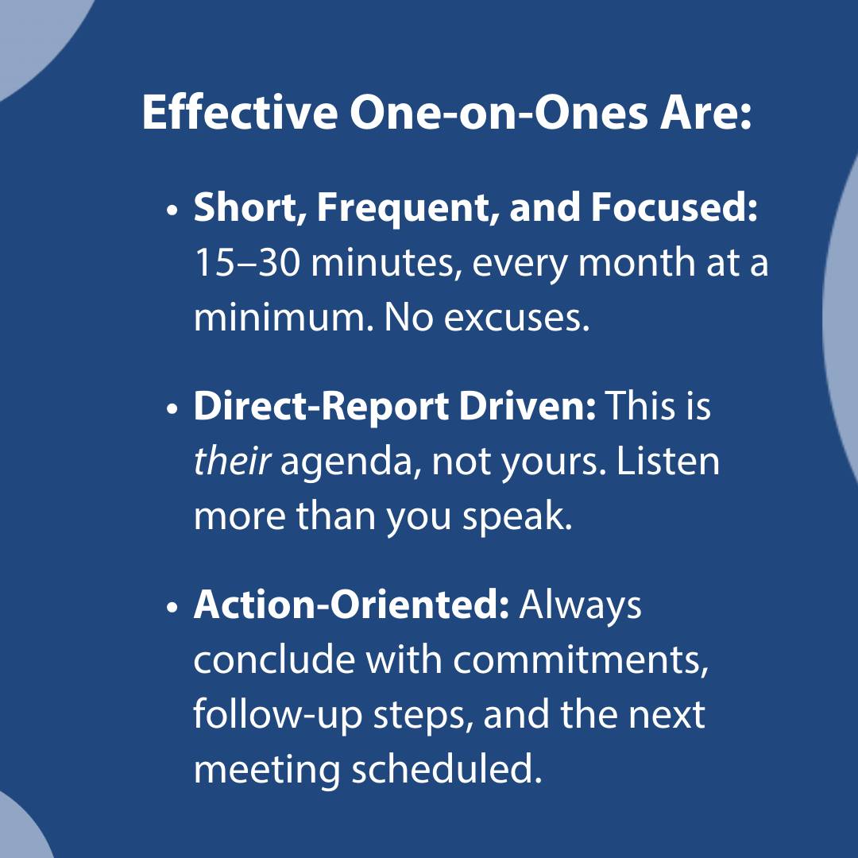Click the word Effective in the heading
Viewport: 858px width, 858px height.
(240, 112)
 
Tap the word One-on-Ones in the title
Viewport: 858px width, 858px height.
(498, 112)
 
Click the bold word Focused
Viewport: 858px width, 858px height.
(674, 207)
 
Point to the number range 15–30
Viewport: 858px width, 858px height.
(247, 263)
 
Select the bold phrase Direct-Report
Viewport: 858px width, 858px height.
(321, 408)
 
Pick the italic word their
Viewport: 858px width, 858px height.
(231, 462)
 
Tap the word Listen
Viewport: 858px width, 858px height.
(667, 462)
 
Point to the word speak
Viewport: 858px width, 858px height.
(517, 518)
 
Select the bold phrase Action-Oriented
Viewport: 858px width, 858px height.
(351, 605)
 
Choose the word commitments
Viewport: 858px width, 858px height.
(581, 660)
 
